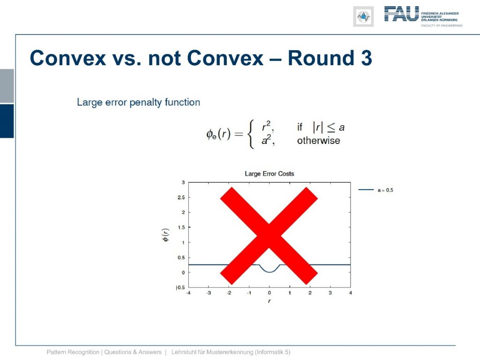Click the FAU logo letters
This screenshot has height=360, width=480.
401,14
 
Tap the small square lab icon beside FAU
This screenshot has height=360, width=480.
363,16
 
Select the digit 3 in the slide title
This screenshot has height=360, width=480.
367,58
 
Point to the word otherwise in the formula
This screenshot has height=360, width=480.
318,141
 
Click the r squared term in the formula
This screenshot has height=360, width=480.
267,126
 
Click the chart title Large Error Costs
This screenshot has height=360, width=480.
270,173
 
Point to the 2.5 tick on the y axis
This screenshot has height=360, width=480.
181,197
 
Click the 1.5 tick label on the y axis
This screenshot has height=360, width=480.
181,227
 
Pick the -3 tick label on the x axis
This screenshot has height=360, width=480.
209,293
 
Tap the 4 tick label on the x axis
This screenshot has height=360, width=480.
351,293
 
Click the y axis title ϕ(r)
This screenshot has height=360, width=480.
165,235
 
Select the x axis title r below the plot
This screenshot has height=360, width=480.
269,301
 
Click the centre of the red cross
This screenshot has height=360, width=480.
269,235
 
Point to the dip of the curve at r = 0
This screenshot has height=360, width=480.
270,272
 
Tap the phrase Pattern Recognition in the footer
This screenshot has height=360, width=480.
73,352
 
